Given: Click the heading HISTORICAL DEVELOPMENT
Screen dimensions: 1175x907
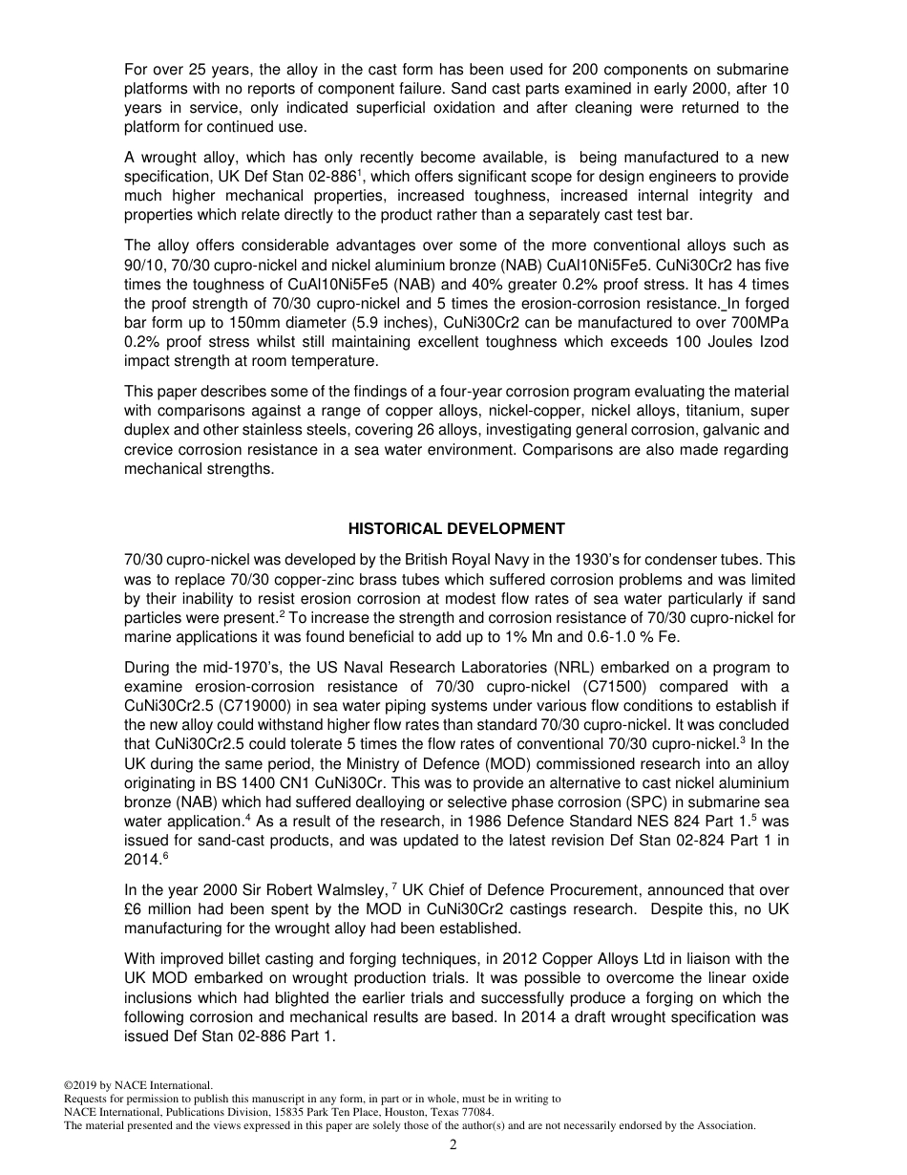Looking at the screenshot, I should [456, 528].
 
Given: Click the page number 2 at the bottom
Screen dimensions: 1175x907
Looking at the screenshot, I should [453, 1145].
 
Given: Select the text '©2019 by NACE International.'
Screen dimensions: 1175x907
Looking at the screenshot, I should [137, 1085].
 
